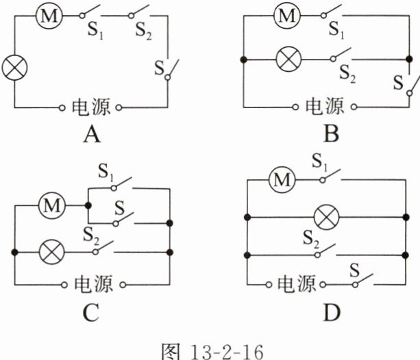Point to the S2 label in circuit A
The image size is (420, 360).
point(143,33)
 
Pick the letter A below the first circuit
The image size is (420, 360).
point(90,135)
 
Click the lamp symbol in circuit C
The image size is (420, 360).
point(51,253)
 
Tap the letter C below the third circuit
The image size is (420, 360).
point(90,313)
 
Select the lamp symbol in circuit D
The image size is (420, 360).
point(326,218)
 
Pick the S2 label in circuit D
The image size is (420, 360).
point(311,238)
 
